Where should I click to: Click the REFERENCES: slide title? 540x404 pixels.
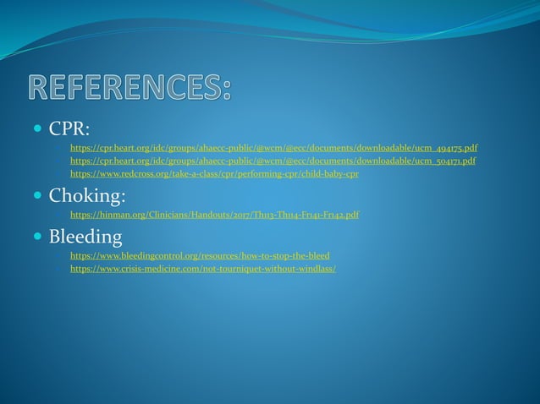click(129, 89)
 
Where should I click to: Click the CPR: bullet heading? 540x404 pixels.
click(69, 128)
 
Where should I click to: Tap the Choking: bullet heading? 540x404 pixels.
click(87, 196)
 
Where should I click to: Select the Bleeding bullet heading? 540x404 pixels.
click(85, 237)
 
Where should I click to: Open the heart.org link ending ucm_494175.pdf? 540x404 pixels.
click(273, 148)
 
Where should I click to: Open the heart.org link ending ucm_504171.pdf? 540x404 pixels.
click(273, 161)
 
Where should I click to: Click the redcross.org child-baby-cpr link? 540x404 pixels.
click(214, 173)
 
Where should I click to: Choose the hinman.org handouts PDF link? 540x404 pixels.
click(214, 215)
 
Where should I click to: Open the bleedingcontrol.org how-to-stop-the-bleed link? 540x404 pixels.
click(200, 255)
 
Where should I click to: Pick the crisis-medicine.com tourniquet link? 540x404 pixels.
click(202, 268)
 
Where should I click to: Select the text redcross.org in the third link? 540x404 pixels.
click(132, 173)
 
